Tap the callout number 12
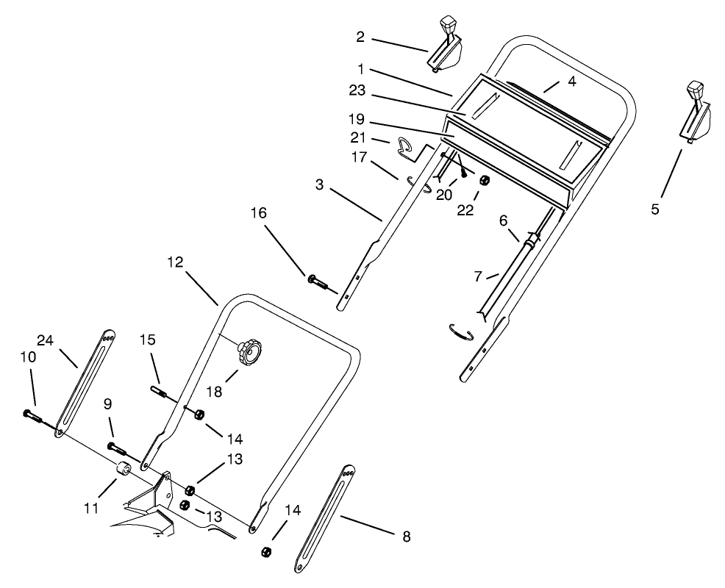[175, 262]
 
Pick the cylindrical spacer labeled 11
[122, 470]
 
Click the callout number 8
[406, 537]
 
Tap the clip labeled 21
[404, 146]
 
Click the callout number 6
[504, 220]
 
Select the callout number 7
[477, 276]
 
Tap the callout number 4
[571, 81]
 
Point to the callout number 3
[319, 184]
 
